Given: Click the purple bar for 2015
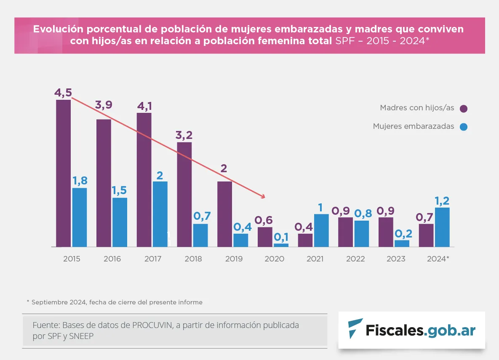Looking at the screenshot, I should click(63, 173).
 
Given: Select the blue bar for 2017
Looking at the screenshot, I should click(160, 214).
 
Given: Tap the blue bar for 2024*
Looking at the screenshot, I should click(442, 227).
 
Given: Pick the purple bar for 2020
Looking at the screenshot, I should click(265, 237).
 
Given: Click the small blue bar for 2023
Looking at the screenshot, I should click(402, 243).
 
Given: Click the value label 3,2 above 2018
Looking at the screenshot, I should click(184, 135).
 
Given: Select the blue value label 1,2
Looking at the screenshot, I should click(442, 200).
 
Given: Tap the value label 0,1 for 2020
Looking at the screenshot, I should click(281, 237).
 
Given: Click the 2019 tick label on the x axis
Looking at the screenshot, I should click(234, 259).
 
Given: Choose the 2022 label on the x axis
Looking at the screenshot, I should click(355, 259).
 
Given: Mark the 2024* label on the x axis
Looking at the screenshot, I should click(438, 259).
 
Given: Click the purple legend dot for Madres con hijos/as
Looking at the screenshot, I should click(464, 109).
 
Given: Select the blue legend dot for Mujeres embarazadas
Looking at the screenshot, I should click(464, 127).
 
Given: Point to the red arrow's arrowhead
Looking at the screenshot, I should click(263, 196).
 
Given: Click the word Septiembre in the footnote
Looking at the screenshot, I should click(49, 302).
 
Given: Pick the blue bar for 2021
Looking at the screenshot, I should click(321, 230).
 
